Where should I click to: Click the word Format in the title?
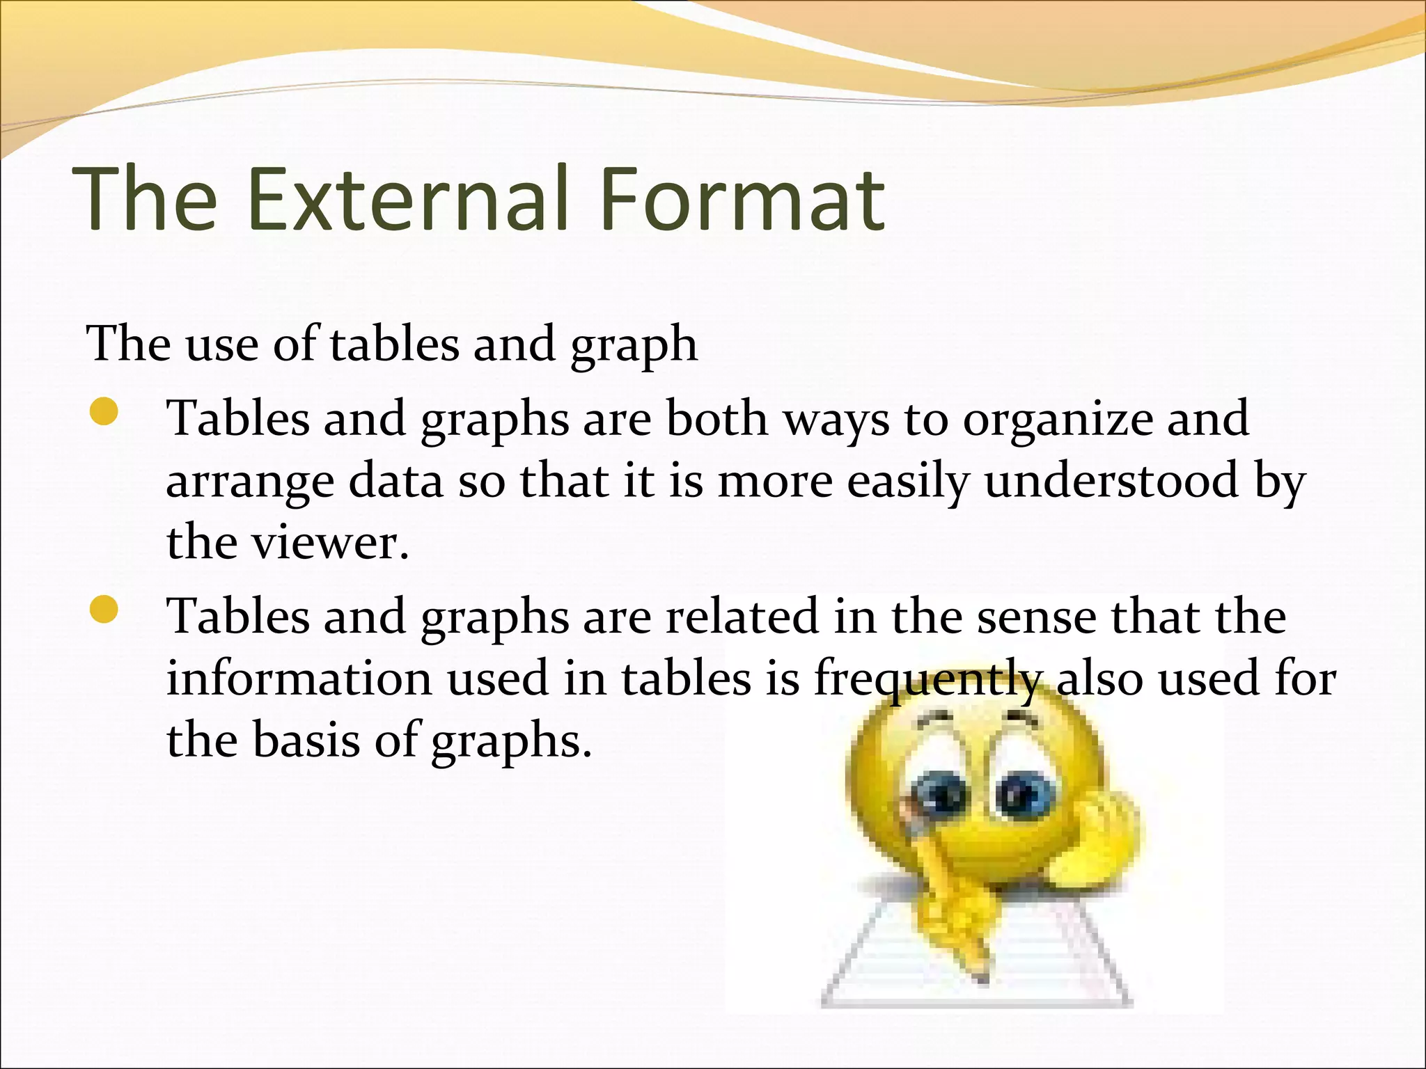(748, 199)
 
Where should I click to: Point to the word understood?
(1111, 482)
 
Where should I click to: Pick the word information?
(299, 679)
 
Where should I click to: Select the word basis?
(306, 739)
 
